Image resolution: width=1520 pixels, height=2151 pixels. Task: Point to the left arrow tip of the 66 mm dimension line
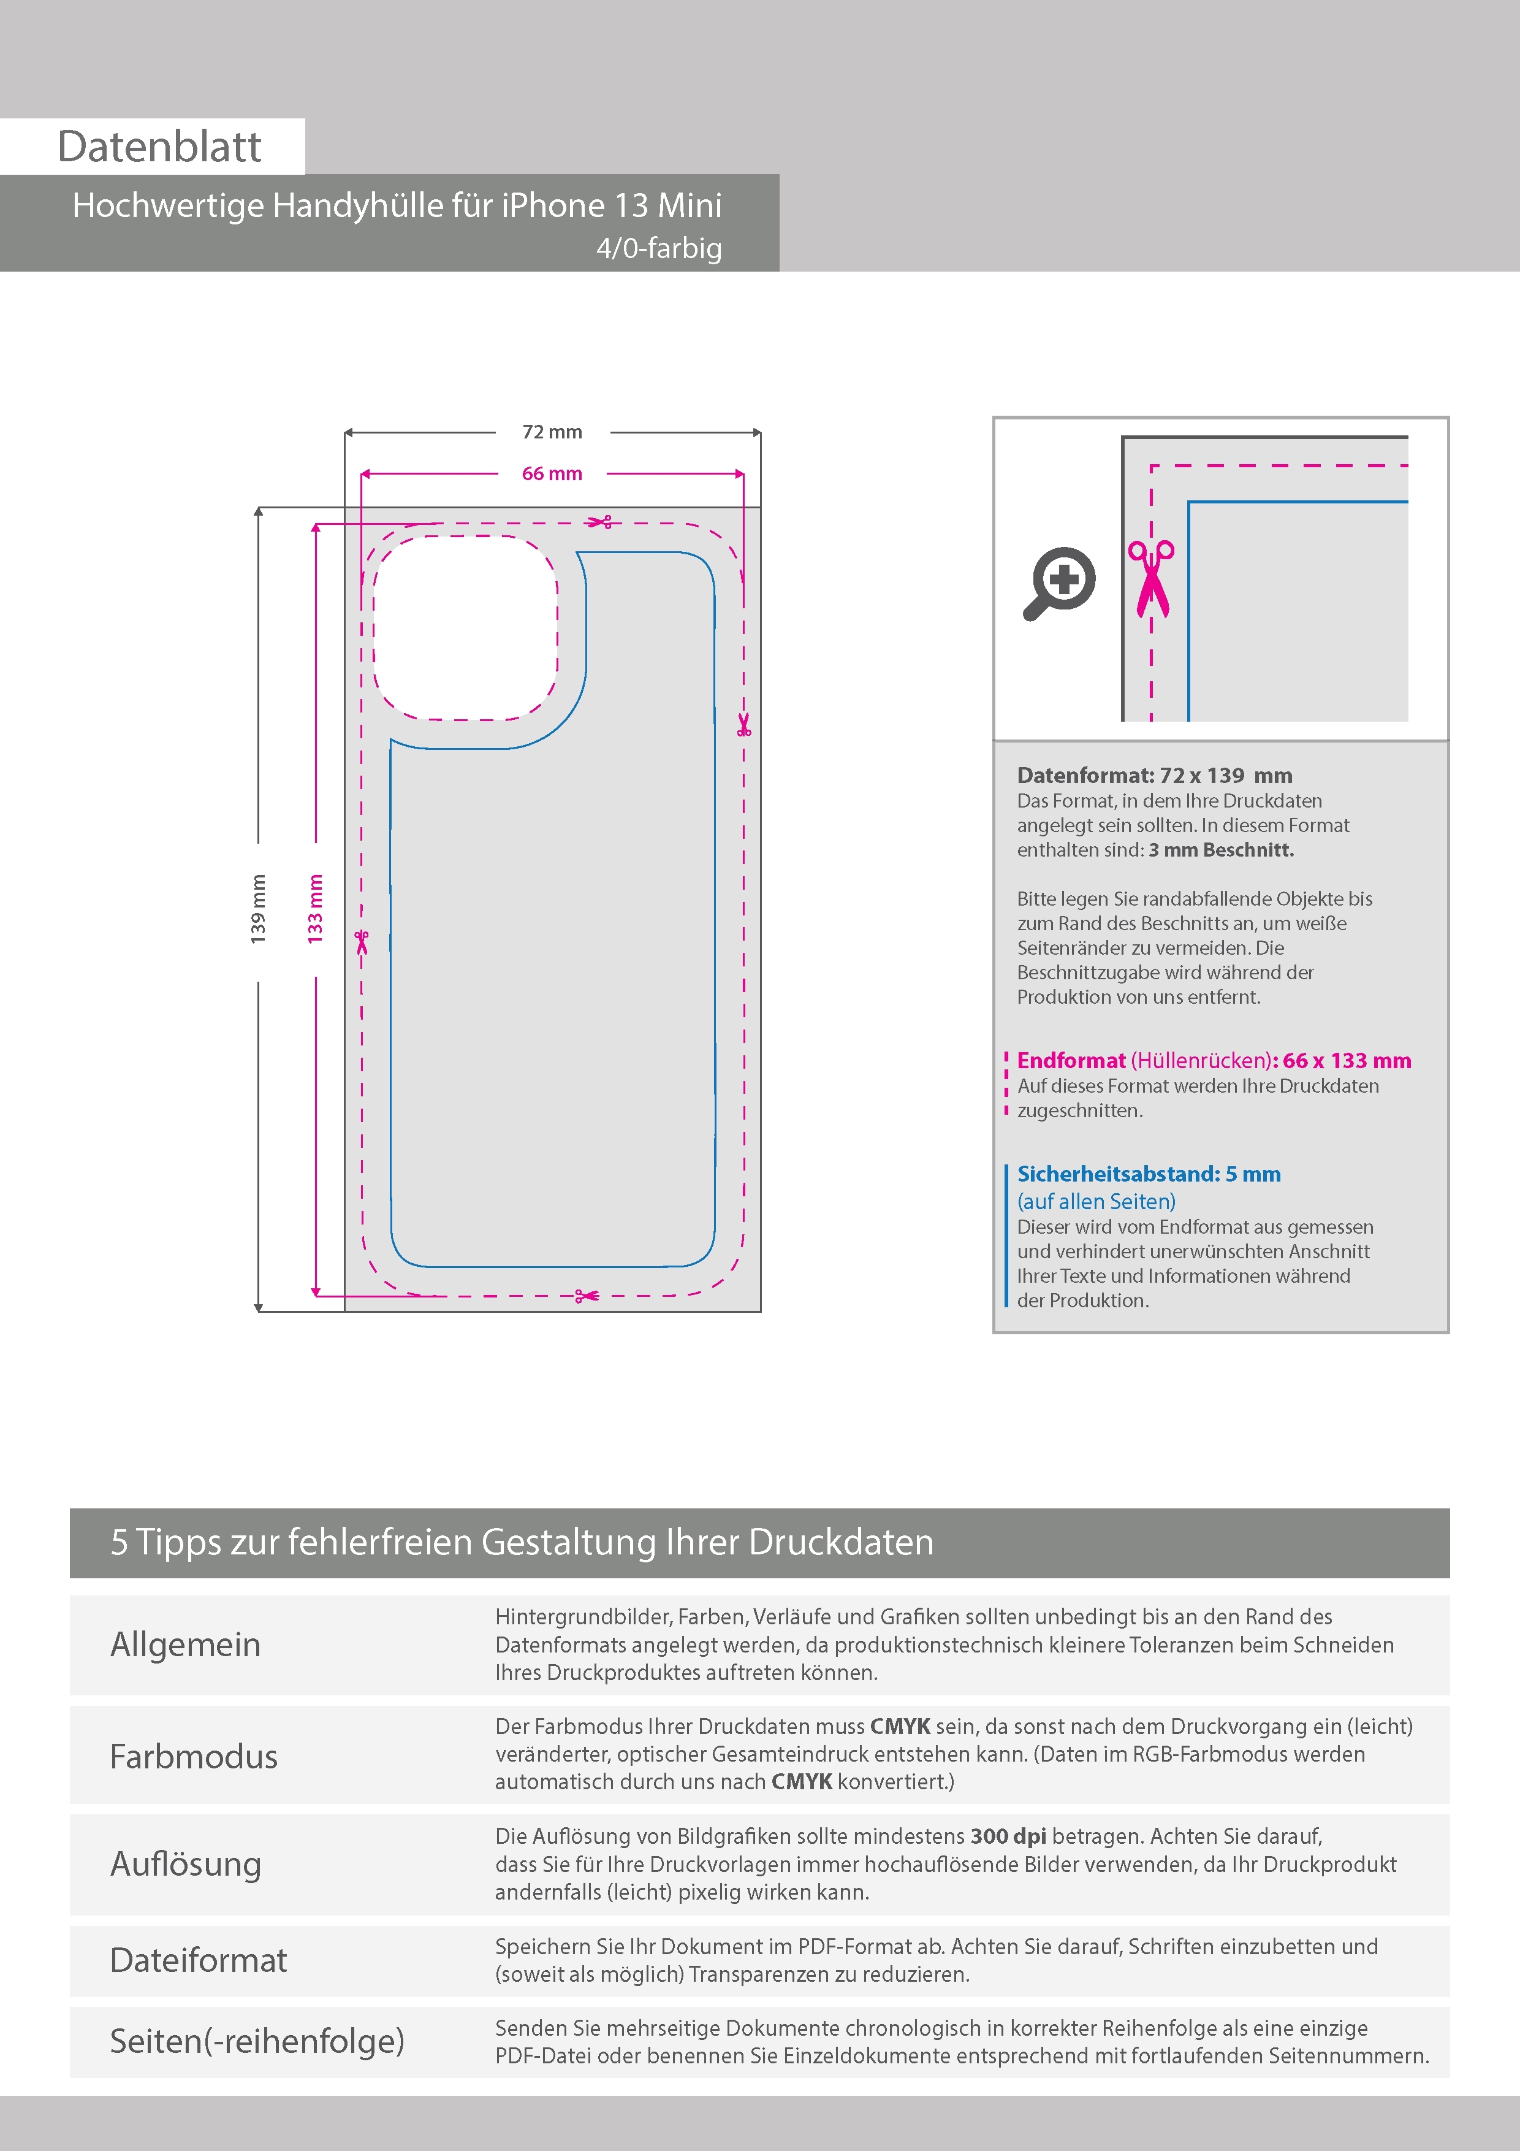point(362,474)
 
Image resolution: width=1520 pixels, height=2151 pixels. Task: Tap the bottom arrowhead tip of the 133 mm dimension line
point(316,1297)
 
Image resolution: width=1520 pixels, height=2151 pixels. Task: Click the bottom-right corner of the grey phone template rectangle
point(761,1310)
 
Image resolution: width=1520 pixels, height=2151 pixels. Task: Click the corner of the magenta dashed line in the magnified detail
point(1151,465)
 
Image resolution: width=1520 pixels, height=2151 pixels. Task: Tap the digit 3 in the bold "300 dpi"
point(977,1836)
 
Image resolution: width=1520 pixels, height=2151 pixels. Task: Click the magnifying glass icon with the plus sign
point(1059,583)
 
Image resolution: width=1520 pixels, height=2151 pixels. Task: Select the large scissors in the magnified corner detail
point(1152,579)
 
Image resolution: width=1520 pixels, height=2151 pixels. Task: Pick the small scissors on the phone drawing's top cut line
point(599,522)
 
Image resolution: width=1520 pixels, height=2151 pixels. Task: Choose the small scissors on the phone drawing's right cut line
point(743,724)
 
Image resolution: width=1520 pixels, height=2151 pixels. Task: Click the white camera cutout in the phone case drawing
point(465,628)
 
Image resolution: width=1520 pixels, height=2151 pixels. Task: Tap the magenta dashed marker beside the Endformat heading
point(1006,1084)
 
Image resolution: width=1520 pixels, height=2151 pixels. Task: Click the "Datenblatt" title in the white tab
point(159,146)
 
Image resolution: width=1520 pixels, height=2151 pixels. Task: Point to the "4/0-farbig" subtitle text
point(659,248)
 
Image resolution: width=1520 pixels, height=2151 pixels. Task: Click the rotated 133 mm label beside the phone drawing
point(316,909)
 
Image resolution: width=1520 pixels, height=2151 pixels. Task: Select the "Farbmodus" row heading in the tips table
point(194,1757)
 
